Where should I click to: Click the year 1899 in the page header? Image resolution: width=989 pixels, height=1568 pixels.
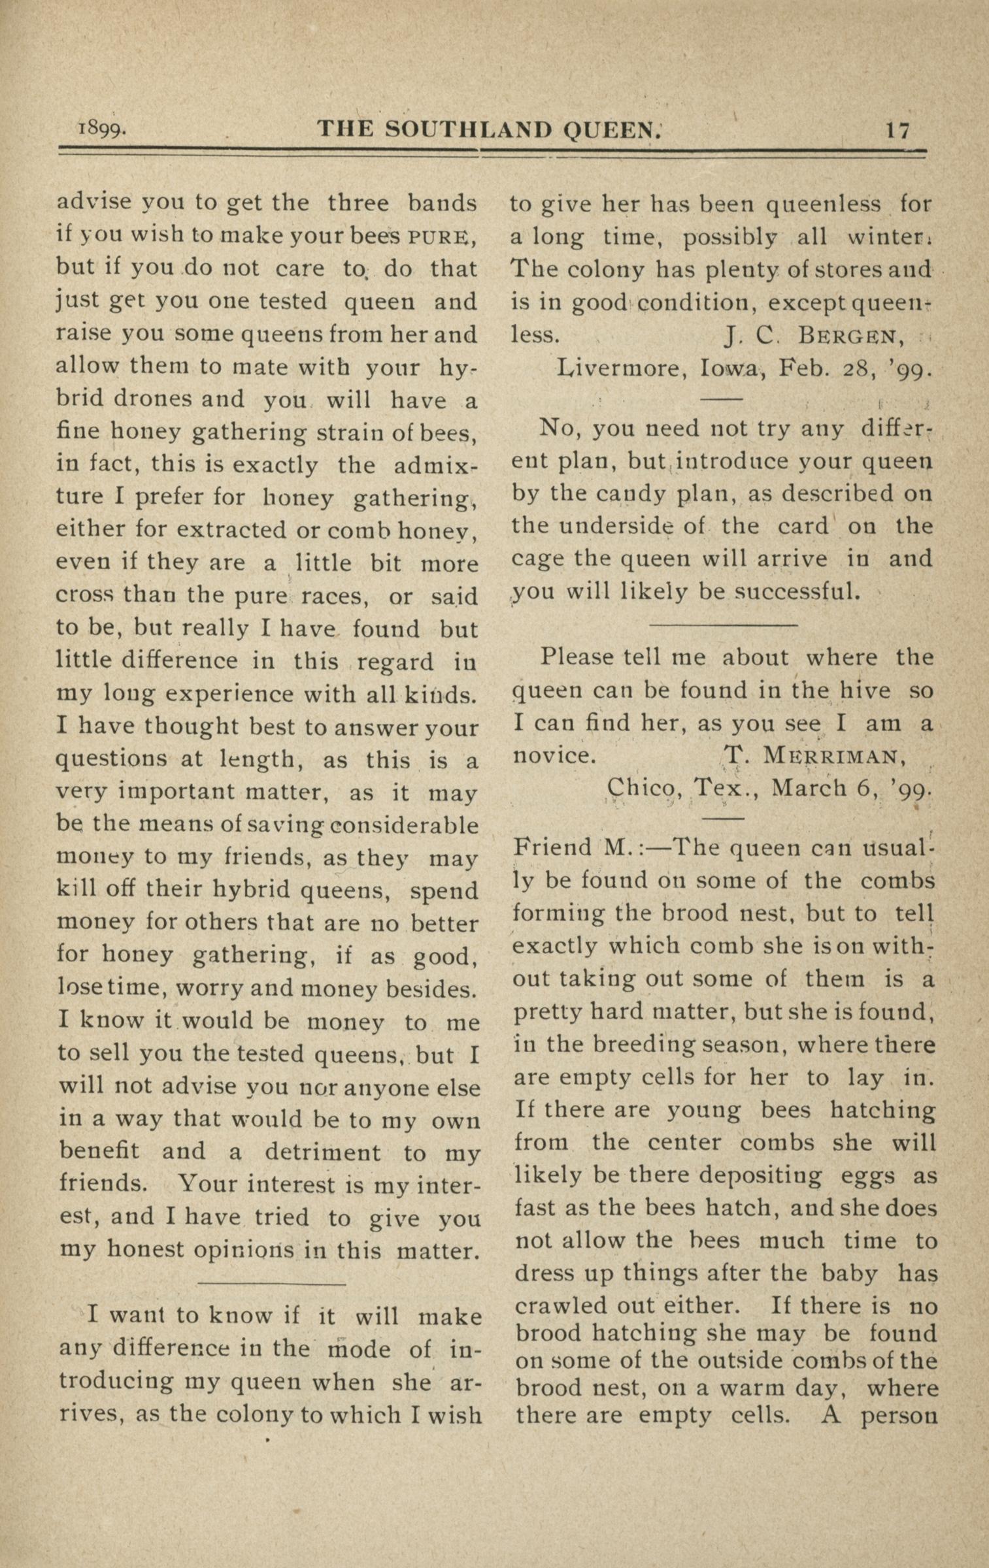pyautogui.click(x=102, y=129)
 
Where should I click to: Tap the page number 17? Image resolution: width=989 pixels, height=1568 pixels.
pyautogui.click(x=897, y=130)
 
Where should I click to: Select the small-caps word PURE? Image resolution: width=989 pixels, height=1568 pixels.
pyautogui.click(x=438, y=236)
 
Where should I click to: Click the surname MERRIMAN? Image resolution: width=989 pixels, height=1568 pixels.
pyautogui.click(x=833, y=757)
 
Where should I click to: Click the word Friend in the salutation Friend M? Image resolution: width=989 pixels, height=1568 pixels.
pyautogui.click(x=553, y=848)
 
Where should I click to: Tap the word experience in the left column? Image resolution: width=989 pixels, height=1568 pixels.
pyautogui.click(x=222, y=694)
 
